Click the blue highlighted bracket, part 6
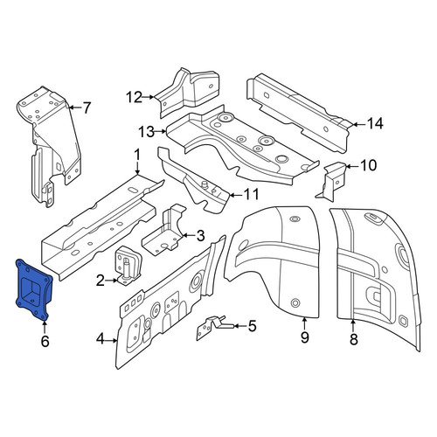tap(33, 290)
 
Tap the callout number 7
tap(87, 108)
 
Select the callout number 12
tap(134, 97)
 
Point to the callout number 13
tap(146, 132)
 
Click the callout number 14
tap(374, 124)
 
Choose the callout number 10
tap(368, 165)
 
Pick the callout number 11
tap(251, 194)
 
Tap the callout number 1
tap(137, 155)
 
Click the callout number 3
tap(200, 236)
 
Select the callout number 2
tap(100, 281)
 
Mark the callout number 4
tap(100, 339)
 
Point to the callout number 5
tap(252, 326)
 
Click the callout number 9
tap(304, 337)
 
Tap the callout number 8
tap(353, 339)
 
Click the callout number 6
tap(45, 341)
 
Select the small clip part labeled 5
tap(214, 327)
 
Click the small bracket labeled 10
tap(332, 181)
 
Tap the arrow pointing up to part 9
tap(304, 323)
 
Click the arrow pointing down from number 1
tap(137, 168)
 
